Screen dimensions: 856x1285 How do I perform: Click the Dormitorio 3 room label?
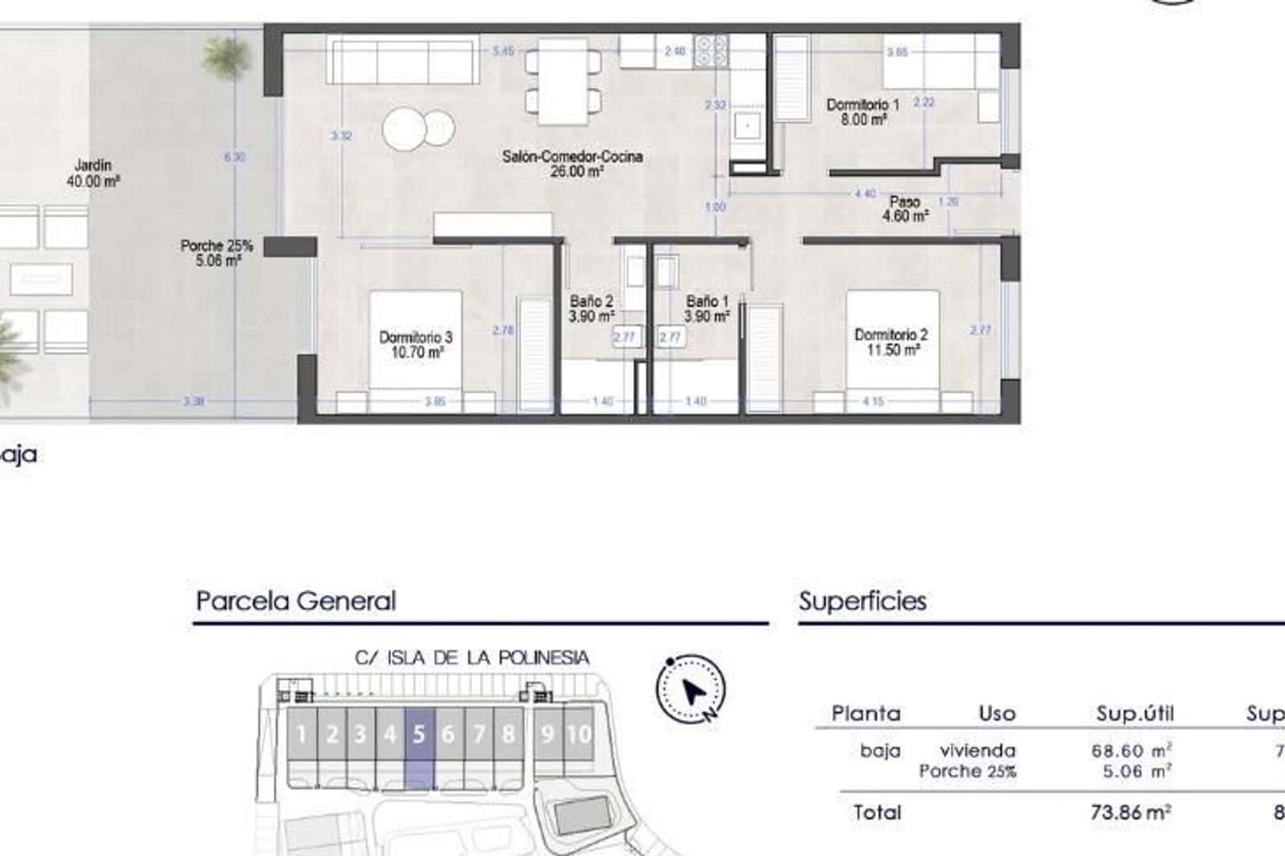coord(415,344)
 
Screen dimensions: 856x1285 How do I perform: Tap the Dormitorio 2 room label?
coord(891,342)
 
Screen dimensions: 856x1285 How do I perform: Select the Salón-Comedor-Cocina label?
coord(573,163)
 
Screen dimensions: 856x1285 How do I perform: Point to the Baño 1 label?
coord(707,308)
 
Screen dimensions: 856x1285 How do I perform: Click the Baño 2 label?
coord(591,308)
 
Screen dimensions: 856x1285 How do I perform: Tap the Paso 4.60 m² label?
coord(905,209)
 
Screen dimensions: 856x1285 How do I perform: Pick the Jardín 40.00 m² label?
coord(93,173)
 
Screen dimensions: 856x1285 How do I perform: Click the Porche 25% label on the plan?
coord(217,253)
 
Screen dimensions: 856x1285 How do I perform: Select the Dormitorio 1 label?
coord(863,112)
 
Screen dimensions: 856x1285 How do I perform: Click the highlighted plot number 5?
coord(418,734)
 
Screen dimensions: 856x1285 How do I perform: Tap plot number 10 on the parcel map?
coord(578,734)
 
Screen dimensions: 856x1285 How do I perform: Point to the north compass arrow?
coord(691,690)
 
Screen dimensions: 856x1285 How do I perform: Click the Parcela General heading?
coord(296,601)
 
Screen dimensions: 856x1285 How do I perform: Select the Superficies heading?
coord(863,601)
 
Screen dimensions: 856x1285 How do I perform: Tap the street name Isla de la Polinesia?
coord(472,658)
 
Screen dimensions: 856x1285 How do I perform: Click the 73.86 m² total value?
coord(1129,812)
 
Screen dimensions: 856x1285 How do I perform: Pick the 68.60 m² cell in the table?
coord(1131,751)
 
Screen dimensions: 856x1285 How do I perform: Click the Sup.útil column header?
coord(1135,713)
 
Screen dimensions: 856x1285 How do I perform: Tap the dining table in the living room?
coord(563,81)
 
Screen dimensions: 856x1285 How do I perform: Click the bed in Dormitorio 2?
coord(892,352)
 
